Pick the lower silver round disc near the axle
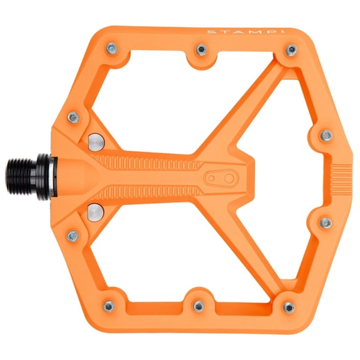point(96,211)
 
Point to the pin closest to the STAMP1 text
point(291,50)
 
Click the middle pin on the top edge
point(201,49)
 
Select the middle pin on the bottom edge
point(198,306)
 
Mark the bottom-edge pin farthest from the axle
point(288,307)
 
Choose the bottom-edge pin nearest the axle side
point(109,306)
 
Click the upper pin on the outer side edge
point(326,135)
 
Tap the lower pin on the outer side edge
point(325,222)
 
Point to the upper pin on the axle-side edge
point(73,117)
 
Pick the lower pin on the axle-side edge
point(72,236)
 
